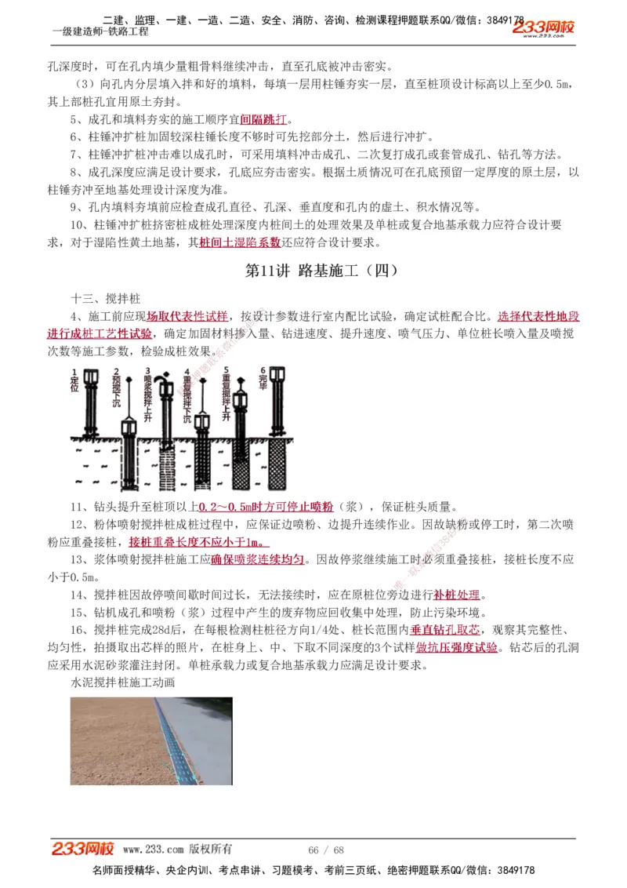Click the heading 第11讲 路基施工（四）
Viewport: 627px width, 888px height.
[x=321, y=271]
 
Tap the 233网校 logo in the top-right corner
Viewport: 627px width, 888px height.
[x=543, y=28]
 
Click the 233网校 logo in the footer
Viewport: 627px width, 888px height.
[x=83, y=849]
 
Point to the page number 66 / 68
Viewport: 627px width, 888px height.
[x=326, y=850]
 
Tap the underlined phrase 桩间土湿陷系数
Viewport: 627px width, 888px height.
[x=240, y=243]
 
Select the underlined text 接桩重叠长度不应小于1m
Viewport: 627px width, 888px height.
[x=199, y=542]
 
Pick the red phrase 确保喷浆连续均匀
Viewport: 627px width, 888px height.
[x=257, y=559]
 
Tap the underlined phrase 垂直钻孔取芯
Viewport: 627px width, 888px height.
[x=444, y=630]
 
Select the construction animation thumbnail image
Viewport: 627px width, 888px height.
[x=151, y=741]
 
